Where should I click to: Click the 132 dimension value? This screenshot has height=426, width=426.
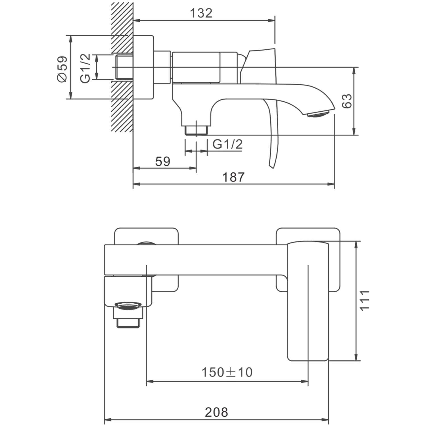click(201, 13)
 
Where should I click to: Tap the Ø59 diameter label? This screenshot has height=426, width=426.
click(62, 69)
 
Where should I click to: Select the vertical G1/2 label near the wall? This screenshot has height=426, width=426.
click(85, 68)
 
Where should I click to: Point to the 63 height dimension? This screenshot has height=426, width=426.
click(347, 101)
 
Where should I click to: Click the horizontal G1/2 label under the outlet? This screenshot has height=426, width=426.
click(227, 144)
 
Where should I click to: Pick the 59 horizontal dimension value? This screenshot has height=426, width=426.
click(163, 161)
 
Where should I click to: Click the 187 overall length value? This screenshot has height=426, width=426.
click(233, 177)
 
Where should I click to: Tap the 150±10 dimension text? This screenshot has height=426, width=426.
click(227, 372)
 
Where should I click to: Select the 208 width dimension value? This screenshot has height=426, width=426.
click(216, 412)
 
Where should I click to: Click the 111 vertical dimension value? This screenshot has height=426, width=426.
click(365, 300)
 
